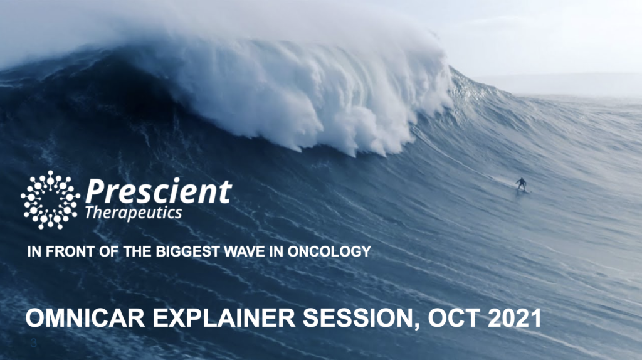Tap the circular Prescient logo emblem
click(x=50, y=200)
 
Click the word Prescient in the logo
click(x=159, y=191)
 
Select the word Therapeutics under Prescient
click(x=134, y=213)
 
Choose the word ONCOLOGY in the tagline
click(x=329, y=251)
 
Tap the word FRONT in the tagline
click(x=70, y=251)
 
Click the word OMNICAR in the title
click(x=85, y=318)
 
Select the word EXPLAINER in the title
click(x=224, y=318)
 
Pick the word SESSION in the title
click(x=358, y=318)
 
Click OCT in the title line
click(x=454, y=318)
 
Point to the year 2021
click(x=514, y=318)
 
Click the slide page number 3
click(x=34, y=343)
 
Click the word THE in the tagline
click(x=137, y=251)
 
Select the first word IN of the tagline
click(x=34, y=251)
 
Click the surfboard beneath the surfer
click(x=522, y=191)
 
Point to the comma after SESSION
click(x=416, y=326)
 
